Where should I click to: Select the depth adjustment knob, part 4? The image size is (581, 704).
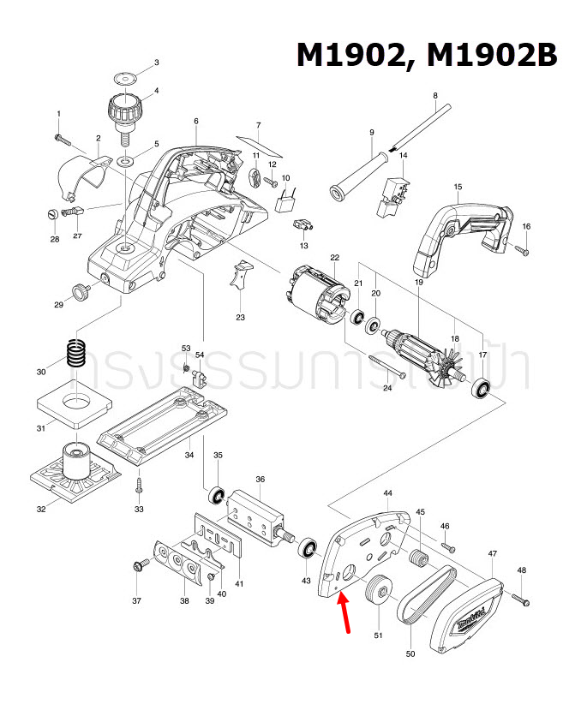coord(125,110)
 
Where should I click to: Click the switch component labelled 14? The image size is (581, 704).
coord(392,195)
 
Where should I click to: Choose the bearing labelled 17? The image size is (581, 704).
coord(483,389)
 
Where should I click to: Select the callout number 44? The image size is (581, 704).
coord(387,494)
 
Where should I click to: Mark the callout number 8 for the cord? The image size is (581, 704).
coord(434,95)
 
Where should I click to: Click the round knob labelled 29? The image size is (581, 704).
coord(83,292)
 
